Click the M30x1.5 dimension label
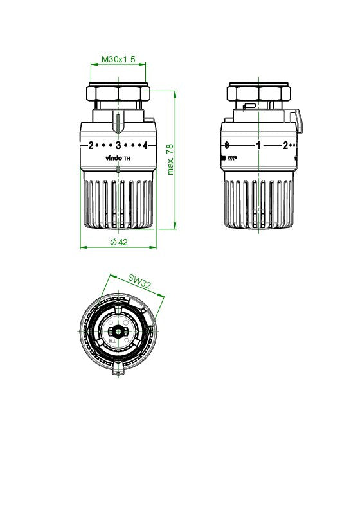point(118,59)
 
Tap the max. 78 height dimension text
point(170,159)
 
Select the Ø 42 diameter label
point(119,242)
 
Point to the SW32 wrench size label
point(139,281)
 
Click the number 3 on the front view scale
point(118,145)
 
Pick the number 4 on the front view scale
point(145,145)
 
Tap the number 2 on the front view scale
point(91,145)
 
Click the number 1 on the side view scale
point(258,145)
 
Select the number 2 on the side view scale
point(285,145)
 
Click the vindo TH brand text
point(118,158)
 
